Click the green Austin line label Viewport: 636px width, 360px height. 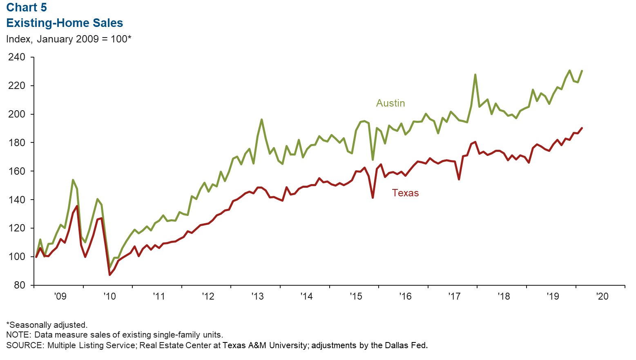(391, 103)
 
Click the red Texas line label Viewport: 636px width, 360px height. (405, 193)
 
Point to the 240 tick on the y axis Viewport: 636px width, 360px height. (17, 57)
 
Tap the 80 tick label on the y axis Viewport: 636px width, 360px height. (20, 285)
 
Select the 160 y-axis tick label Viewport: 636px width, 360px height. (17, 171)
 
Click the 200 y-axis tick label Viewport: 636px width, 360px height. (17, 114)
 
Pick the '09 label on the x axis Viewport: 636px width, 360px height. (60, 296)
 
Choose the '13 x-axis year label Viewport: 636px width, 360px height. (257, 296)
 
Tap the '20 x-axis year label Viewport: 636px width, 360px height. (602, 296)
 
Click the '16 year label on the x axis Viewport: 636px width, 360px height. (405, 296)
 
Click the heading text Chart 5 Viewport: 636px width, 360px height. (27, 8)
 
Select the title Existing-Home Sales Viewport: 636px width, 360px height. (65, 23)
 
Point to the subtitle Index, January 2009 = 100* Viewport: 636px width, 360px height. (69, 39)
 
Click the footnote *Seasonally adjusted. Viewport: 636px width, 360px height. (47, 325)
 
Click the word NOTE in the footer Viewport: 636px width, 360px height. (18, 335)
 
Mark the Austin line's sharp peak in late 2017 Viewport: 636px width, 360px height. (475, 75)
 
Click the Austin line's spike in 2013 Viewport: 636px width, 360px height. (261, 120)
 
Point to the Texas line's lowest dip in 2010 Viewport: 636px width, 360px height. (109, 275)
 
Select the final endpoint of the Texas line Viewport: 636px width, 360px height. (582, 128)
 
